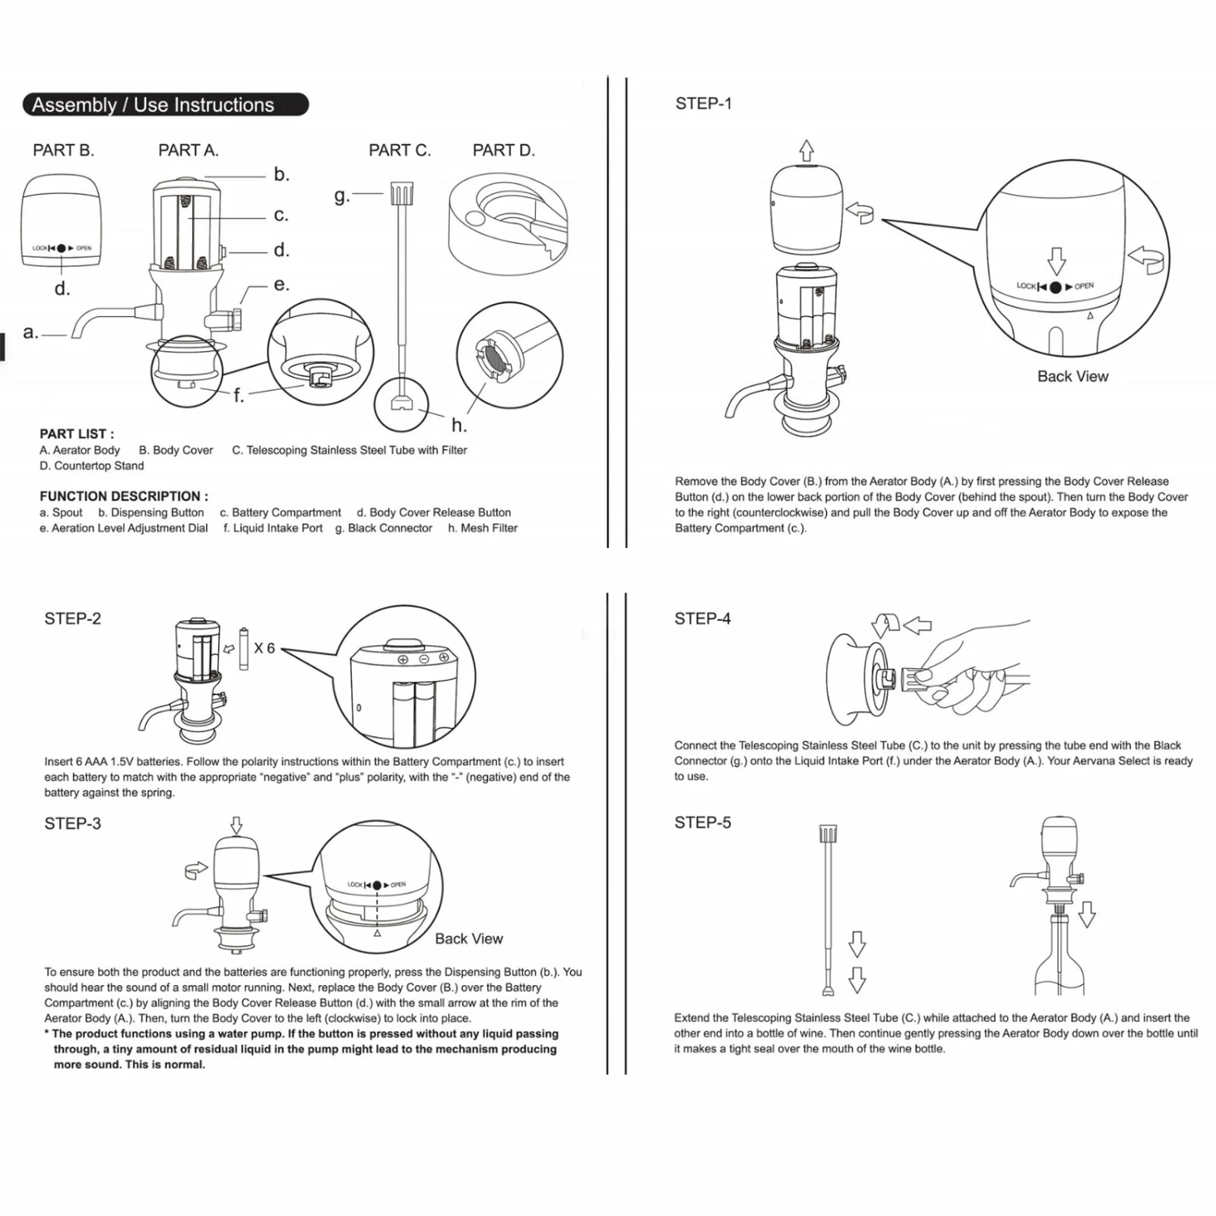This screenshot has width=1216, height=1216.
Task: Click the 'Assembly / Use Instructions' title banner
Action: click(x=165, y=105)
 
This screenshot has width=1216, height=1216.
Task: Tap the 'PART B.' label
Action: click(x=63, y=150)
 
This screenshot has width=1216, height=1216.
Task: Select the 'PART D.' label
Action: click(x=503, y=150)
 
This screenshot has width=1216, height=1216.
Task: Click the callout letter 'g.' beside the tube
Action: click(x=341, y=195)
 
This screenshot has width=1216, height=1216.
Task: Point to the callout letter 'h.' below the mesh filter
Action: click(x=459, y=425)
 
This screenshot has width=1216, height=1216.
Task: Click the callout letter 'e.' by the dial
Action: click(x=281, y=285)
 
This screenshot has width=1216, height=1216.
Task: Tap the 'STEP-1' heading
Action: click(x=703, y=103)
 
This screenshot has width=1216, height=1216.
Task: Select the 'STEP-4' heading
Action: click(x=702, y=619)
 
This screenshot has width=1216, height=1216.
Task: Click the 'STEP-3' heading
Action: click(x=72, y=824)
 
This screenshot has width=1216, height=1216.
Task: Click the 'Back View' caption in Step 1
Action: click(x=1073, y=376)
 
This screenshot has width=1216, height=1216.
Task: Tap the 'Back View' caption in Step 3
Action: click(x=469, y=939)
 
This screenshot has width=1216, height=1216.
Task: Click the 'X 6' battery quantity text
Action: click(x=264, y=649)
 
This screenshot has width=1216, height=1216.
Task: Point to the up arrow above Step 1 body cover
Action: click(x=806, y=150)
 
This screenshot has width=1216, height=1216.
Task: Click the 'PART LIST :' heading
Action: click(x=77, y=434)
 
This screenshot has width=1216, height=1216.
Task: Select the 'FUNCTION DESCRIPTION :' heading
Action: click(x=123, y=496)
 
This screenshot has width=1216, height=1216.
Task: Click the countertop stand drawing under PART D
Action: click(x=508, y=223)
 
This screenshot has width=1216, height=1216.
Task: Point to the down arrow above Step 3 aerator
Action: click(x=236, y=825)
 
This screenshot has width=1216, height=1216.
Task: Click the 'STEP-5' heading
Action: click(x=702, y=823)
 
